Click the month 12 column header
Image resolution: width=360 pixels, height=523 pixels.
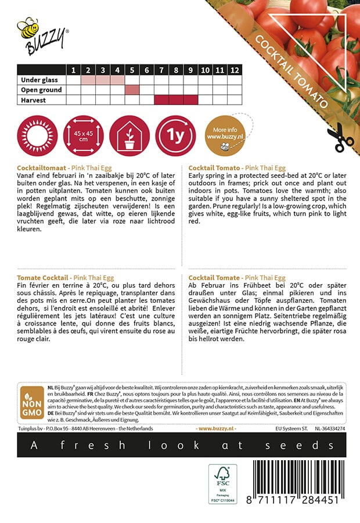[234, 70]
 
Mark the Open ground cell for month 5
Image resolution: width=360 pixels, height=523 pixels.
[132, 90]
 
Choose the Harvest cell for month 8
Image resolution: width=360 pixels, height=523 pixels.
[176, 100]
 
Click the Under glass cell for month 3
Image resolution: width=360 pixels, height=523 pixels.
[103, 80]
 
